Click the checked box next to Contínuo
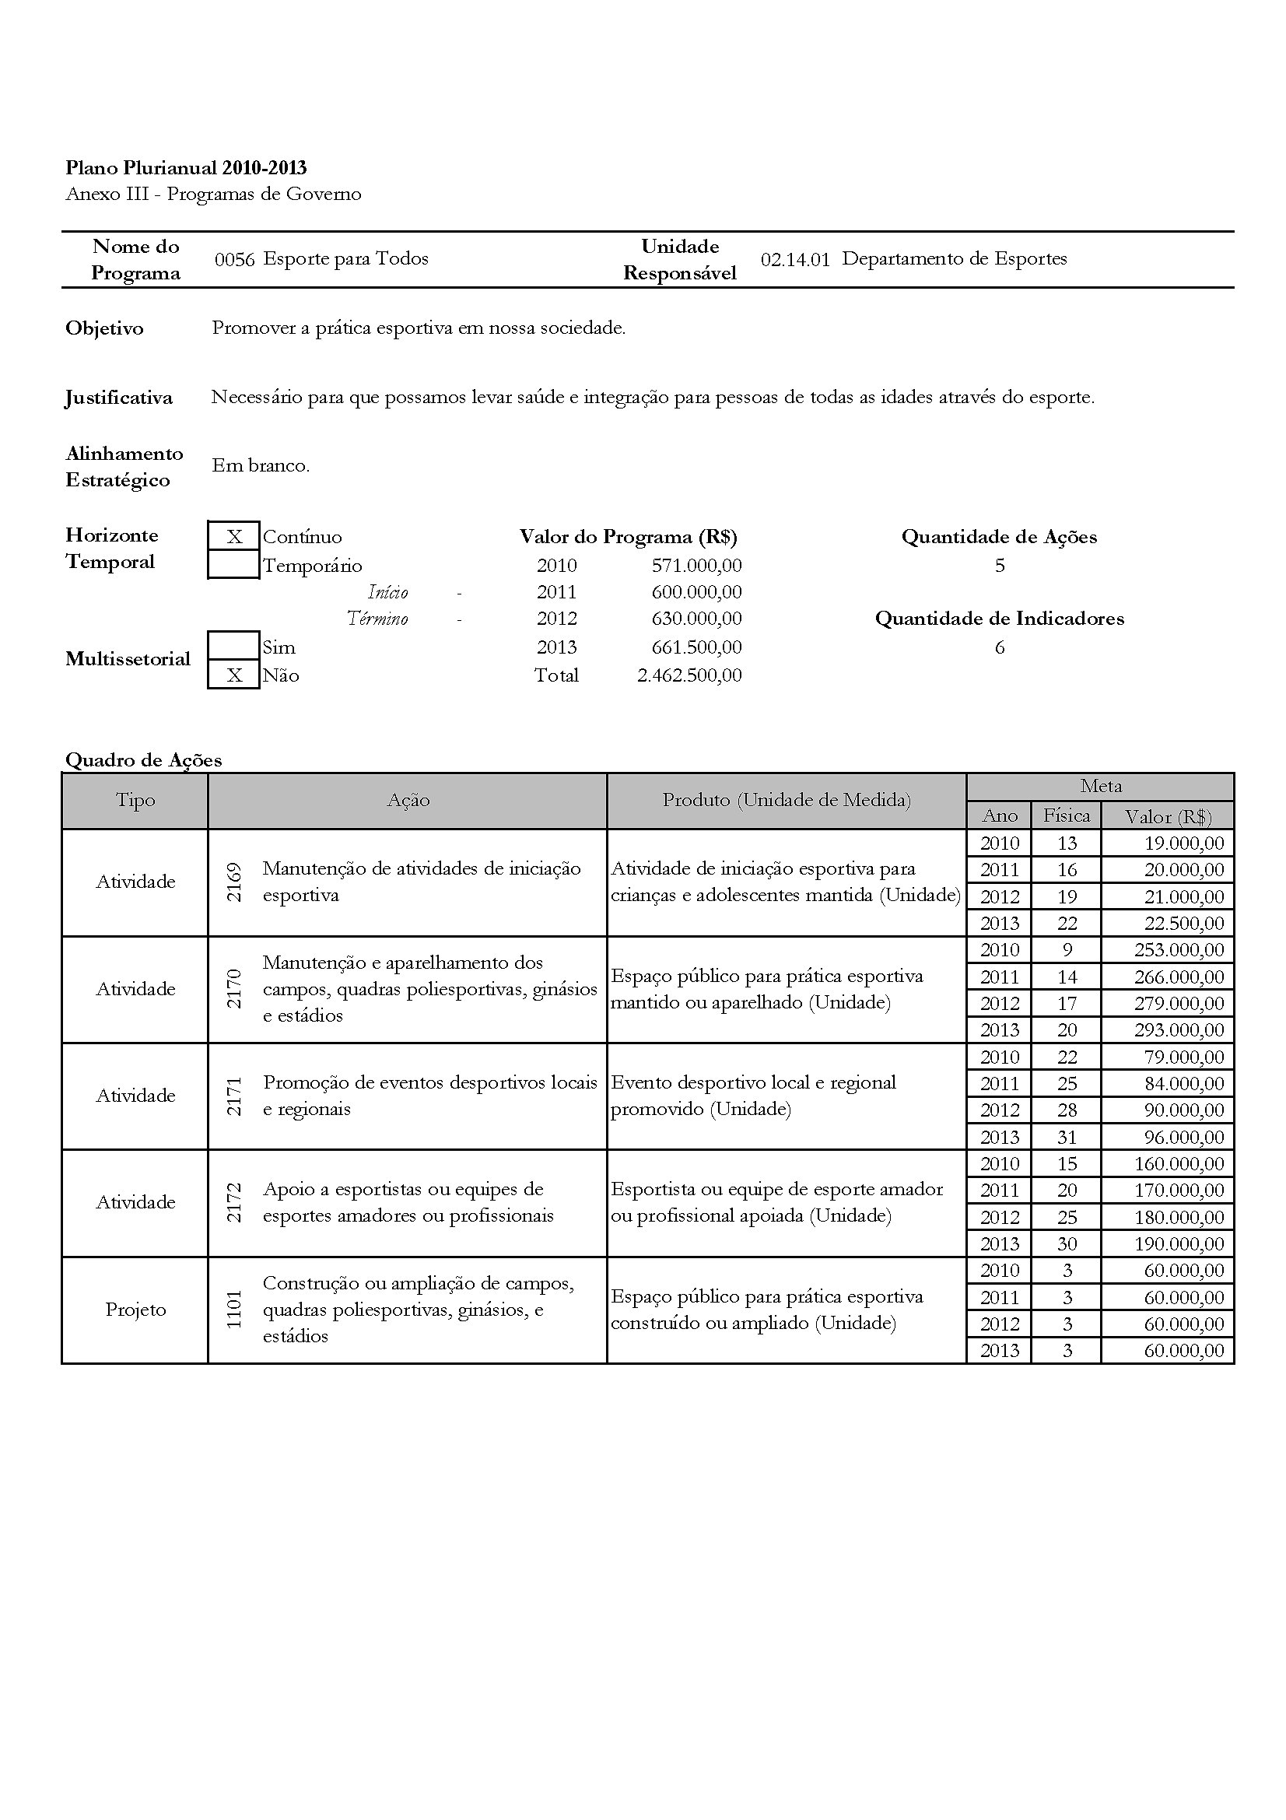233,537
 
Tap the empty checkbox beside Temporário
233,565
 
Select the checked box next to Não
233,675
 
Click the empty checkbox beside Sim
233,646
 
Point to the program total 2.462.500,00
689,675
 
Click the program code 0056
234,259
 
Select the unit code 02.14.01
795,259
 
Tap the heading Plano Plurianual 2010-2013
186,168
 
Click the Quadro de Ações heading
143,760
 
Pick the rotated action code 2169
233,882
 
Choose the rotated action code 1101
233,1310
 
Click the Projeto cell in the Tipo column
135,1310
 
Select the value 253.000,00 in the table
1179,949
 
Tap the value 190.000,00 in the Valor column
1179,1243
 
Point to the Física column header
1067,815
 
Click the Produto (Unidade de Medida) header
786,800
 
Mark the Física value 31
1067,1137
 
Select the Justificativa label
119,397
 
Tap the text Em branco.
261,465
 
